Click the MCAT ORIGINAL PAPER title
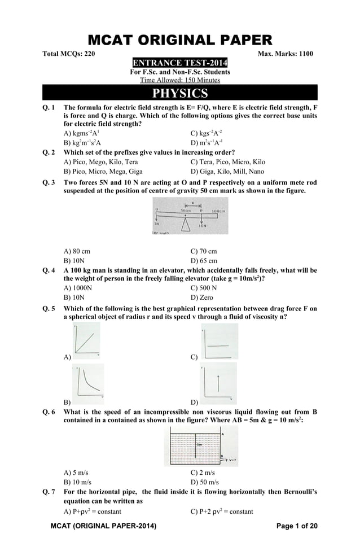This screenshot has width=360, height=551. (179, 40)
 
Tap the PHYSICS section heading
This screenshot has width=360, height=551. (179, 93)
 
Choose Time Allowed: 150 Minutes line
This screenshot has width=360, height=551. (179, 80)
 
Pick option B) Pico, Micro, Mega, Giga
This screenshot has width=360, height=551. (103, 172)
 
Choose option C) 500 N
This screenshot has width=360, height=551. (204, 287)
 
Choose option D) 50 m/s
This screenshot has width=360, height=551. (205, 482)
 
